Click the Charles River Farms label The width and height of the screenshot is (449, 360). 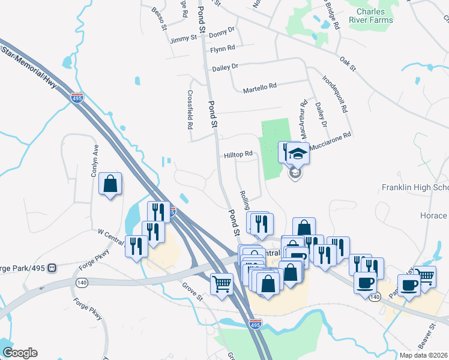(x=374, y=16)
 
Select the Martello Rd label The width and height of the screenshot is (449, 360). (x=259, y=89)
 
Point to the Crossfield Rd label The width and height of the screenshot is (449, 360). (x=189, y=110)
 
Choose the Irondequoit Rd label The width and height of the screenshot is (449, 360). (x=335, y=94)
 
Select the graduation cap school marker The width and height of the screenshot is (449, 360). (x=297, y=154)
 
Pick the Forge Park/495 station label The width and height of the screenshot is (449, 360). (x=24, y=268)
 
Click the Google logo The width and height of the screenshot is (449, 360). (x=20, y=353)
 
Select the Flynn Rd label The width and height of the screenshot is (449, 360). (x=222, y=48)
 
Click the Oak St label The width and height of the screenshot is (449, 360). (x=348, y=62)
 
